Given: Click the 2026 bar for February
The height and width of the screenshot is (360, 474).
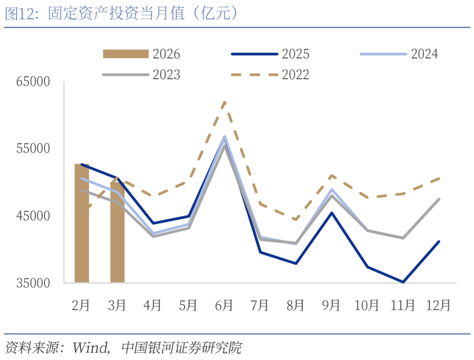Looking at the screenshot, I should click(x=82, y=223).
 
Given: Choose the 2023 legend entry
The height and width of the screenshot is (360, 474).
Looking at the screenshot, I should click(x=141, y=74).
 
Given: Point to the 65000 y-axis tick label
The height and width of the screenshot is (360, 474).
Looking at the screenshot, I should click(x=34, y=82).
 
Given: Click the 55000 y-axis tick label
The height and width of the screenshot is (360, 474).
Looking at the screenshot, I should click(x=34, y=149).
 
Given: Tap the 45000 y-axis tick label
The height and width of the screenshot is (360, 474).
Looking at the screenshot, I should click(x=34, y=216).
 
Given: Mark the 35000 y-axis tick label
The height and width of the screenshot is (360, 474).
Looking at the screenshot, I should click(x=34, y=283).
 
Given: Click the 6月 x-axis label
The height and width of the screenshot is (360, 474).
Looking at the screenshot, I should click(x=224, y=305).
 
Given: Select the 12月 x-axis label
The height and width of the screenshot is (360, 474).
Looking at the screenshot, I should click(x=439, y=305).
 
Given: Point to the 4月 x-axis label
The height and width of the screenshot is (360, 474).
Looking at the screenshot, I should click(x=153, y=305).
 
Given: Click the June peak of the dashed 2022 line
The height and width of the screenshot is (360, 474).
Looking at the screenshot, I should click(x=224, y=102).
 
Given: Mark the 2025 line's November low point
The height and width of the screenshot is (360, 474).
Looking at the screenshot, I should click(x=403, y=282).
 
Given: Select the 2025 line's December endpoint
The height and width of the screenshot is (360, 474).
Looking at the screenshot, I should click(x=439, y=242).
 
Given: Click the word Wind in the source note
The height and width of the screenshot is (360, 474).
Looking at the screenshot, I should click(x=90, y=348).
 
